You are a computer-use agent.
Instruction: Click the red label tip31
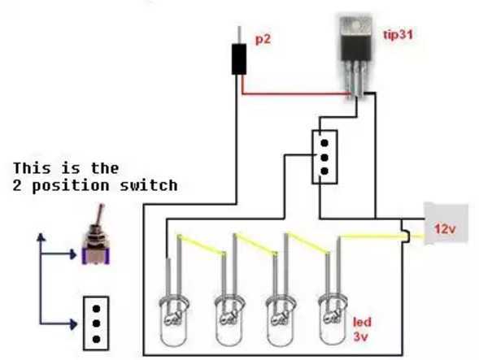(x=398, y=34)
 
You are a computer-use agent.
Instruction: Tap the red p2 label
(x=263, y=39)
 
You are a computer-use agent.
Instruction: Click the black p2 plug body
(x=239, y=59)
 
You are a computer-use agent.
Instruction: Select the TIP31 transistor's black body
(x=356, y=48)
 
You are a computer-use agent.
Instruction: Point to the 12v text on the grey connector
(x=445, y=228)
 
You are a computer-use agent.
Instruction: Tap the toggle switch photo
(x=96, y=235)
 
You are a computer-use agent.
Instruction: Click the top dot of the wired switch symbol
(x=324, y=143)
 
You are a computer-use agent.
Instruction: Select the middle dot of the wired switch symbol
(x=324, y=158)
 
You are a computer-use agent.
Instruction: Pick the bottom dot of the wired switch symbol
(x=324, y=171)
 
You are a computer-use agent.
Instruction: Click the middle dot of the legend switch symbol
(x=96, y=323)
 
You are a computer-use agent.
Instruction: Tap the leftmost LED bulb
(x=174, y=320)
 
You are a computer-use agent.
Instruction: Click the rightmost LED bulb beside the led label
(x=333, y=319)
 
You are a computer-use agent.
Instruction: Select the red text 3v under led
(x=361, y=336)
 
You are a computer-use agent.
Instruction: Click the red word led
(x=363, y=322)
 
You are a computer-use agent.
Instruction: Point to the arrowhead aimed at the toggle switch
(x=73, y=254)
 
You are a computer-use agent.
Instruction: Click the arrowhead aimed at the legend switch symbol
(x=73, y=323)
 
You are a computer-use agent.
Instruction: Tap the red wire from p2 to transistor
(x=294, y=93)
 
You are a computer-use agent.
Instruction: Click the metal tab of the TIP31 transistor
(x=356, y=26)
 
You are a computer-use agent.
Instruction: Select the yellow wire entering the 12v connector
(x=381, y=236)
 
